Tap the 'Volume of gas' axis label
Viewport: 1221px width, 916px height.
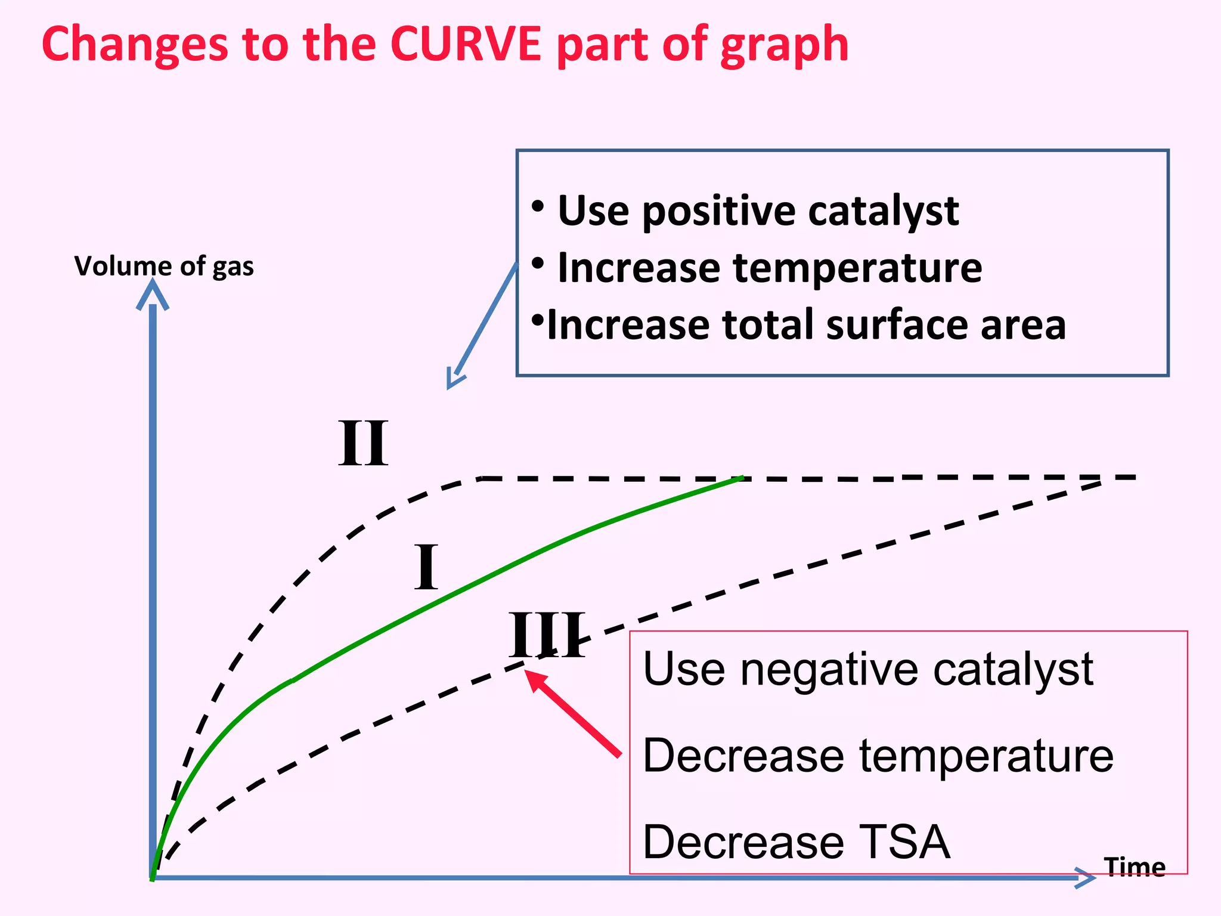(164, 266)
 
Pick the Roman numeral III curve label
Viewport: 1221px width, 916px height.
(547, 635)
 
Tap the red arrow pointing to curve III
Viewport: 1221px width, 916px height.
(572, 713)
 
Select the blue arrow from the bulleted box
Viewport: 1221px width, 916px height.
(483, 325)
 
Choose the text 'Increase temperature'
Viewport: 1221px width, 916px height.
(770, 268)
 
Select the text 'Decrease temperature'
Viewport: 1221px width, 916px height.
(878, 756)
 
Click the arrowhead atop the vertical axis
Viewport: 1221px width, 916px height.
(153, 294)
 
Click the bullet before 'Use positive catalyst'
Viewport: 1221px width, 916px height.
(538, 206)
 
